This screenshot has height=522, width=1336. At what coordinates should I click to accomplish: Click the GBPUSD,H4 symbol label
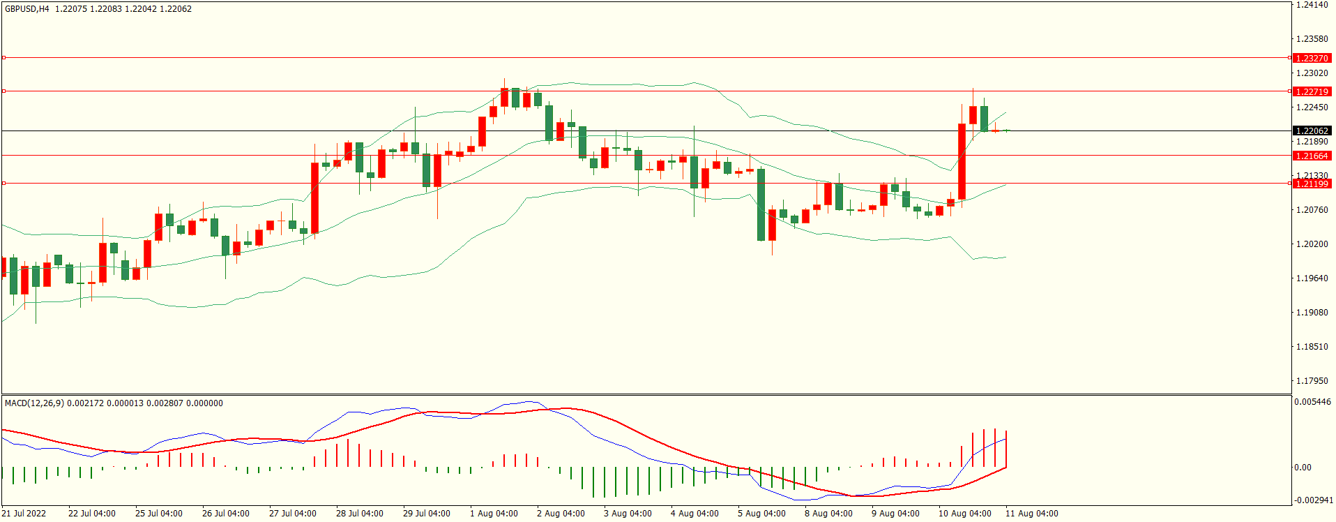[x=27, y=9]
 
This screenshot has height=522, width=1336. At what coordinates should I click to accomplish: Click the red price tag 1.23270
[x=1311, y=58]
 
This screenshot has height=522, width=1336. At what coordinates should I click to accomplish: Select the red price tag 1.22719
[x=1311, y=91]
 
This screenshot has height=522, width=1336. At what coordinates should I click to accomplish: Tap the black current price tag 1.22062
[x=1311, y=130]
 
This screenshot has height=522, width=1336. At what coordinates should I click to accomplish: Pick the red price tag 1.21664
[x=1311, y=156]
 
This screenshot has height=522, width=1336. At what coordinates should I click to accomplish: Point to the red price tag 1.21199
[x=1311, y=184]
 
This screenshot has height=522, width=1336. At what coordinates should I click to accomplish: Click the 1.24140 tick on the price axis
[x=1311, y=5]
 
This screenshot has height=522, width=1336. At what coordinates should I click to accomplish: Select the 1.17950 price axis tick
[x=1311, y=381]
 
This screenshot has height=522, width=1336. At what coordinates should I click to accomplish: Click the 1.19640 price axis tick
[x=1311, y=278]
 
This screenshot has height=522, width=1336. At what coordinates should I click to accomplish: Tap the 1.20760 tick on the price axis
[x=1311, y=210]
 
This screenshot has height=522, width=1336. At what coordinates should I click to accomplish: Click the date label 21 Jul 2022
[x=24, y=514]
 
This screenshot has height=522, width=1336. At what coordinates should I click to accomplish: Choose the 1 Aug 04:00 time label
[x=494, y=514]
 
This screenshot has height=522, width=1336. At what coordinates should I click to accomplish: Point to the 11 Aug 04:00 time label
[x=1031, y=514]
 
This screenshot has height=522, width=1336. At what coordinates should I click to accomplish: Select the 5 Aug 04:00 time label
[x=761, y=514]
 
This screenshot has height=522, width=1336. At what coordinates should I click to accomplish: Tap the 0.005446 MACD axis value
[x=1312, y=402]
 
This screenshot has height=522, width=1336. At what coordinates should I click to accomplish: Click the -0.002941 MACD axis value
[x=1312, y=500]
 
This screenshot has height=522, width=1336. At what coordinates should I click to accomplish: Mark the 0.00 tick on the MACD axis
[x=1303, y=468]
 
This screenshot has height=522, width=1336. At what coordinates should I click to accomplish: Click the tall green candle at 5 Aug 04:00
[x=761, y=204]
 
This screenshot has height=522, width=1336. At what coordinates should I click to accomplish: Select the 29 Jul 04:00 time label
[x=427, y=514]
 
